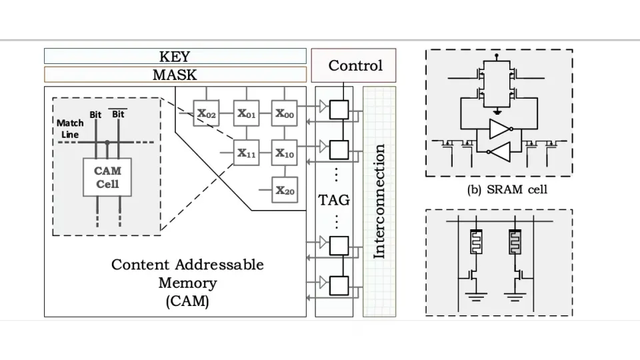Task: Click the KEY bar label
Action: pos(175,57)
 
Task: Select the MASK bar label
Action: pos(175,75)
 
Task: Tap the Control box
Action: pos(354,65)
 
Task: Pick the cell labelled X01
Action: pos(246,114)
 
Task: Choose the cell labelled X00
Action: pos(285,114)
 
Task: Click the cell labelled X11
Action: pos(246,153)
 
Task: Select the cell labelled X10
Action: pos(285,153)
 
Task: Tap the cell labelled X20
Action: pos(285,191)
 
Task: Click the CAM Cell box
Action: pos(107,177)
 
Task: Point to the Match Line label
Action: pos(70,129)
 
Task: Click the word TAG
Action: pos(334,200)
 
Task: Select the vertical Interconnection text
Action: pos(379,201)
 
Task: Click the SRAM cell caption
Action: pos(507,189)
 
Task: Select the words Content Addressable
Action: pos(187,265)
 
